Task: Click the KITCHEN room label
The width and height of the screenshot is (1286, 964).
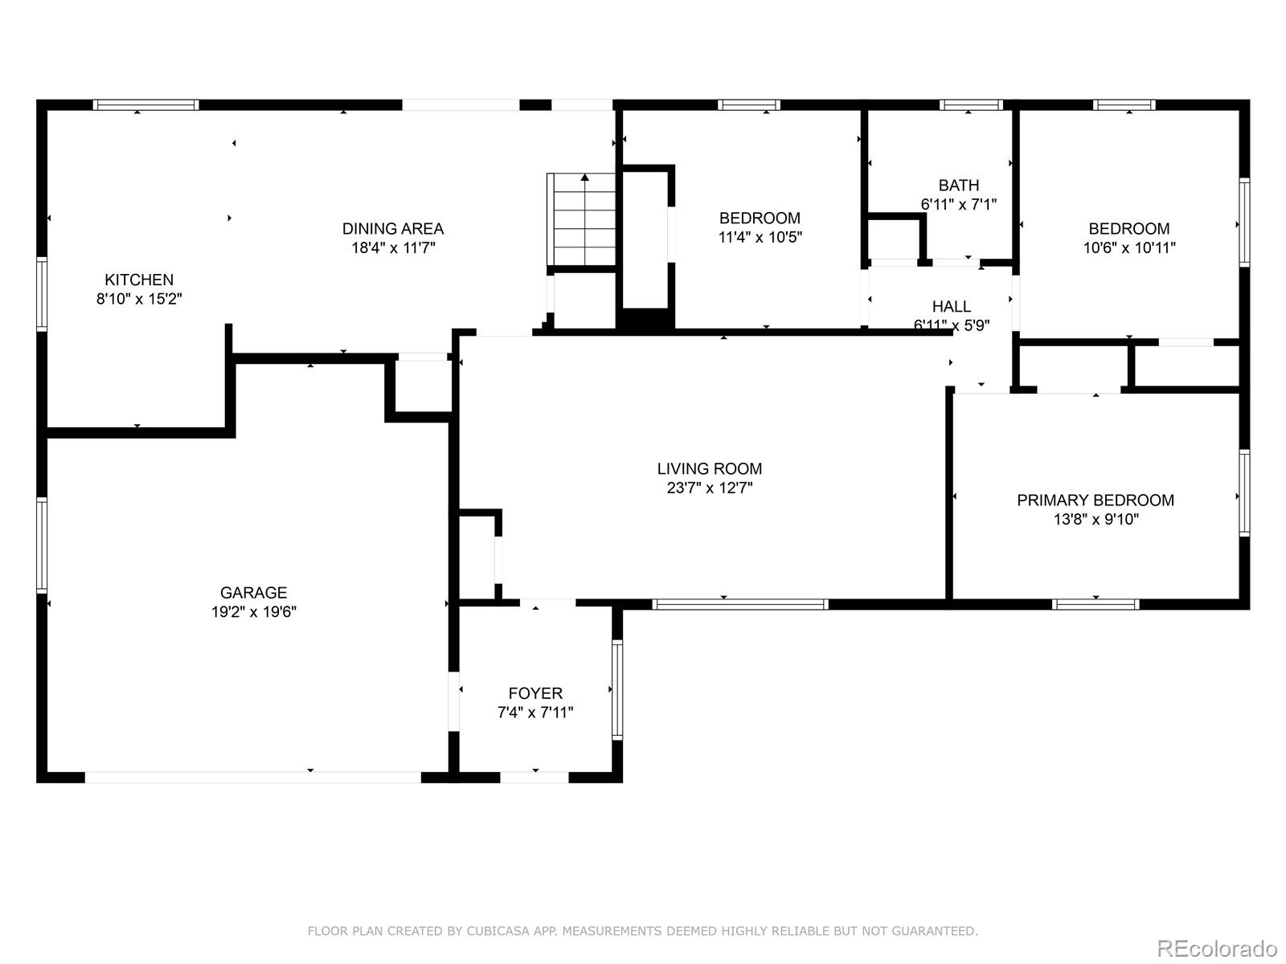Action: click(139, 280)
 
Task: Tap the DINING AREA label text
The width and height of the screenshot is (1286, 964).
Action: click(393, 228)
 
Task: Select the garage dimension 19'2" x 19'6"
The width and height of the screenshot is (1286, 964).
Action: click(254, 612)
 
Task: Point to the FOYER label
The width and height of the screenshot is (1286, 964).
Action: click(535, 693)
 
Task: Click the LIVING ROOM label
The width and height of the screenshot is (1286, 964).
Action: click(710, 468)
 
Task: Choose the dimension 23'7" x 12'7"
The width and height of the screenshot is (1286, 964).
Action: click(710, 488)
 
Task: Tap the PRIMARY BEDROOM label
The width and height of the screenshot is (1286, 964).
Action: click(1096, 500)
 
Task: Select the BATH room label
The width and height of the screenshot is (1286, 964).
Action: click(959, 185)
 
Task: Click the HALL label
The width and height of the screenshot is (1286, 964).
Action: click(952, 306)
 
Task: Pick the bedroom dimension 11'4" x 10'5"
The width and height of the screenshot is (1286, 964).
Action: click(760, 237)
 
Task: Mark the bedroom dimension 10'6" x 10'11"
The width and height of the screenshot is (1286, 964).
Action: click(1129, 247)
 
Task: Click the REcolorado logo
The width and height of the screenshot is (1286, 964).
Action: click(1217, 949)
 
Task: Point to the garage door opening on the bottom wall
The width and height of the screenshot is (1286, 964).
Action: click(253, 777)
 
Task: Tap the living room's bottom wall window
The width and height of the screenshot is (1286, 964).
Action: click(740, 604)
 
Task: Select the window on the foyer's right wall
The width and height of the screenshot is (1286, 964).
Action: click(617, 689)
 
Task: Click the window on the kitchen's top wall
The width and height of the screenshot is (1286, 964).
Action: click(145, 104)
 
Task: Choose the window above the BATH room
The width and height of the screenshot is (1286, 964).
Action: click(971, 104)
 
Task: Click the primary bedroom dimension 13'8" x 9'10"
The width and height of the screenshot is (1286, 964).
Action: click(1096, 520)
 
